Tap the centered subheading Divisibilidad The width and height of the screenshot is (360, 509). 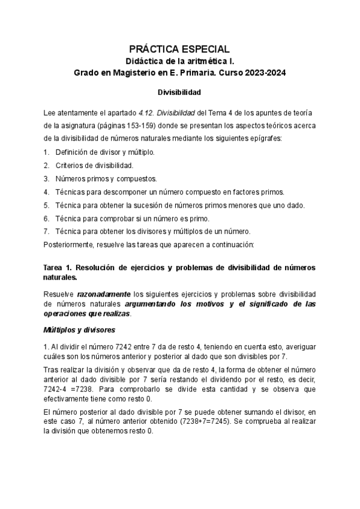click(180, 93)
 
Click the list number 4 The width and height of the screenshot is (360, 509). click(46, 192)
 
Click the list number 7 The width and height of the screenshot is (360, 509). click(46, 232)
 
